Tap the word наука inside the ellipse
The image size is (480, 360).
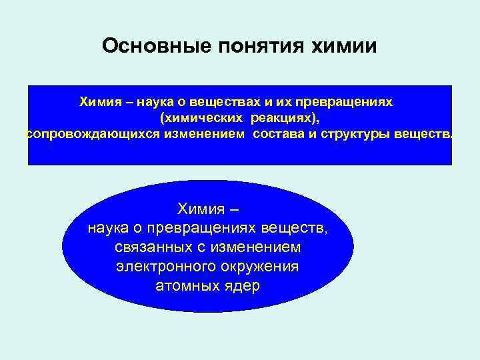point(109,229)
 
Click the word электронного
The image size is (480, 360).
point(157,267)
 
